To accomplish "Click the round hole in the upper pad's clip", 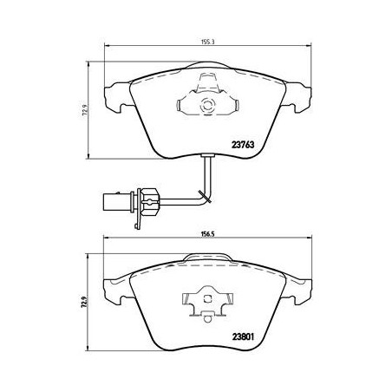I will click(x=206, y=107).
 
